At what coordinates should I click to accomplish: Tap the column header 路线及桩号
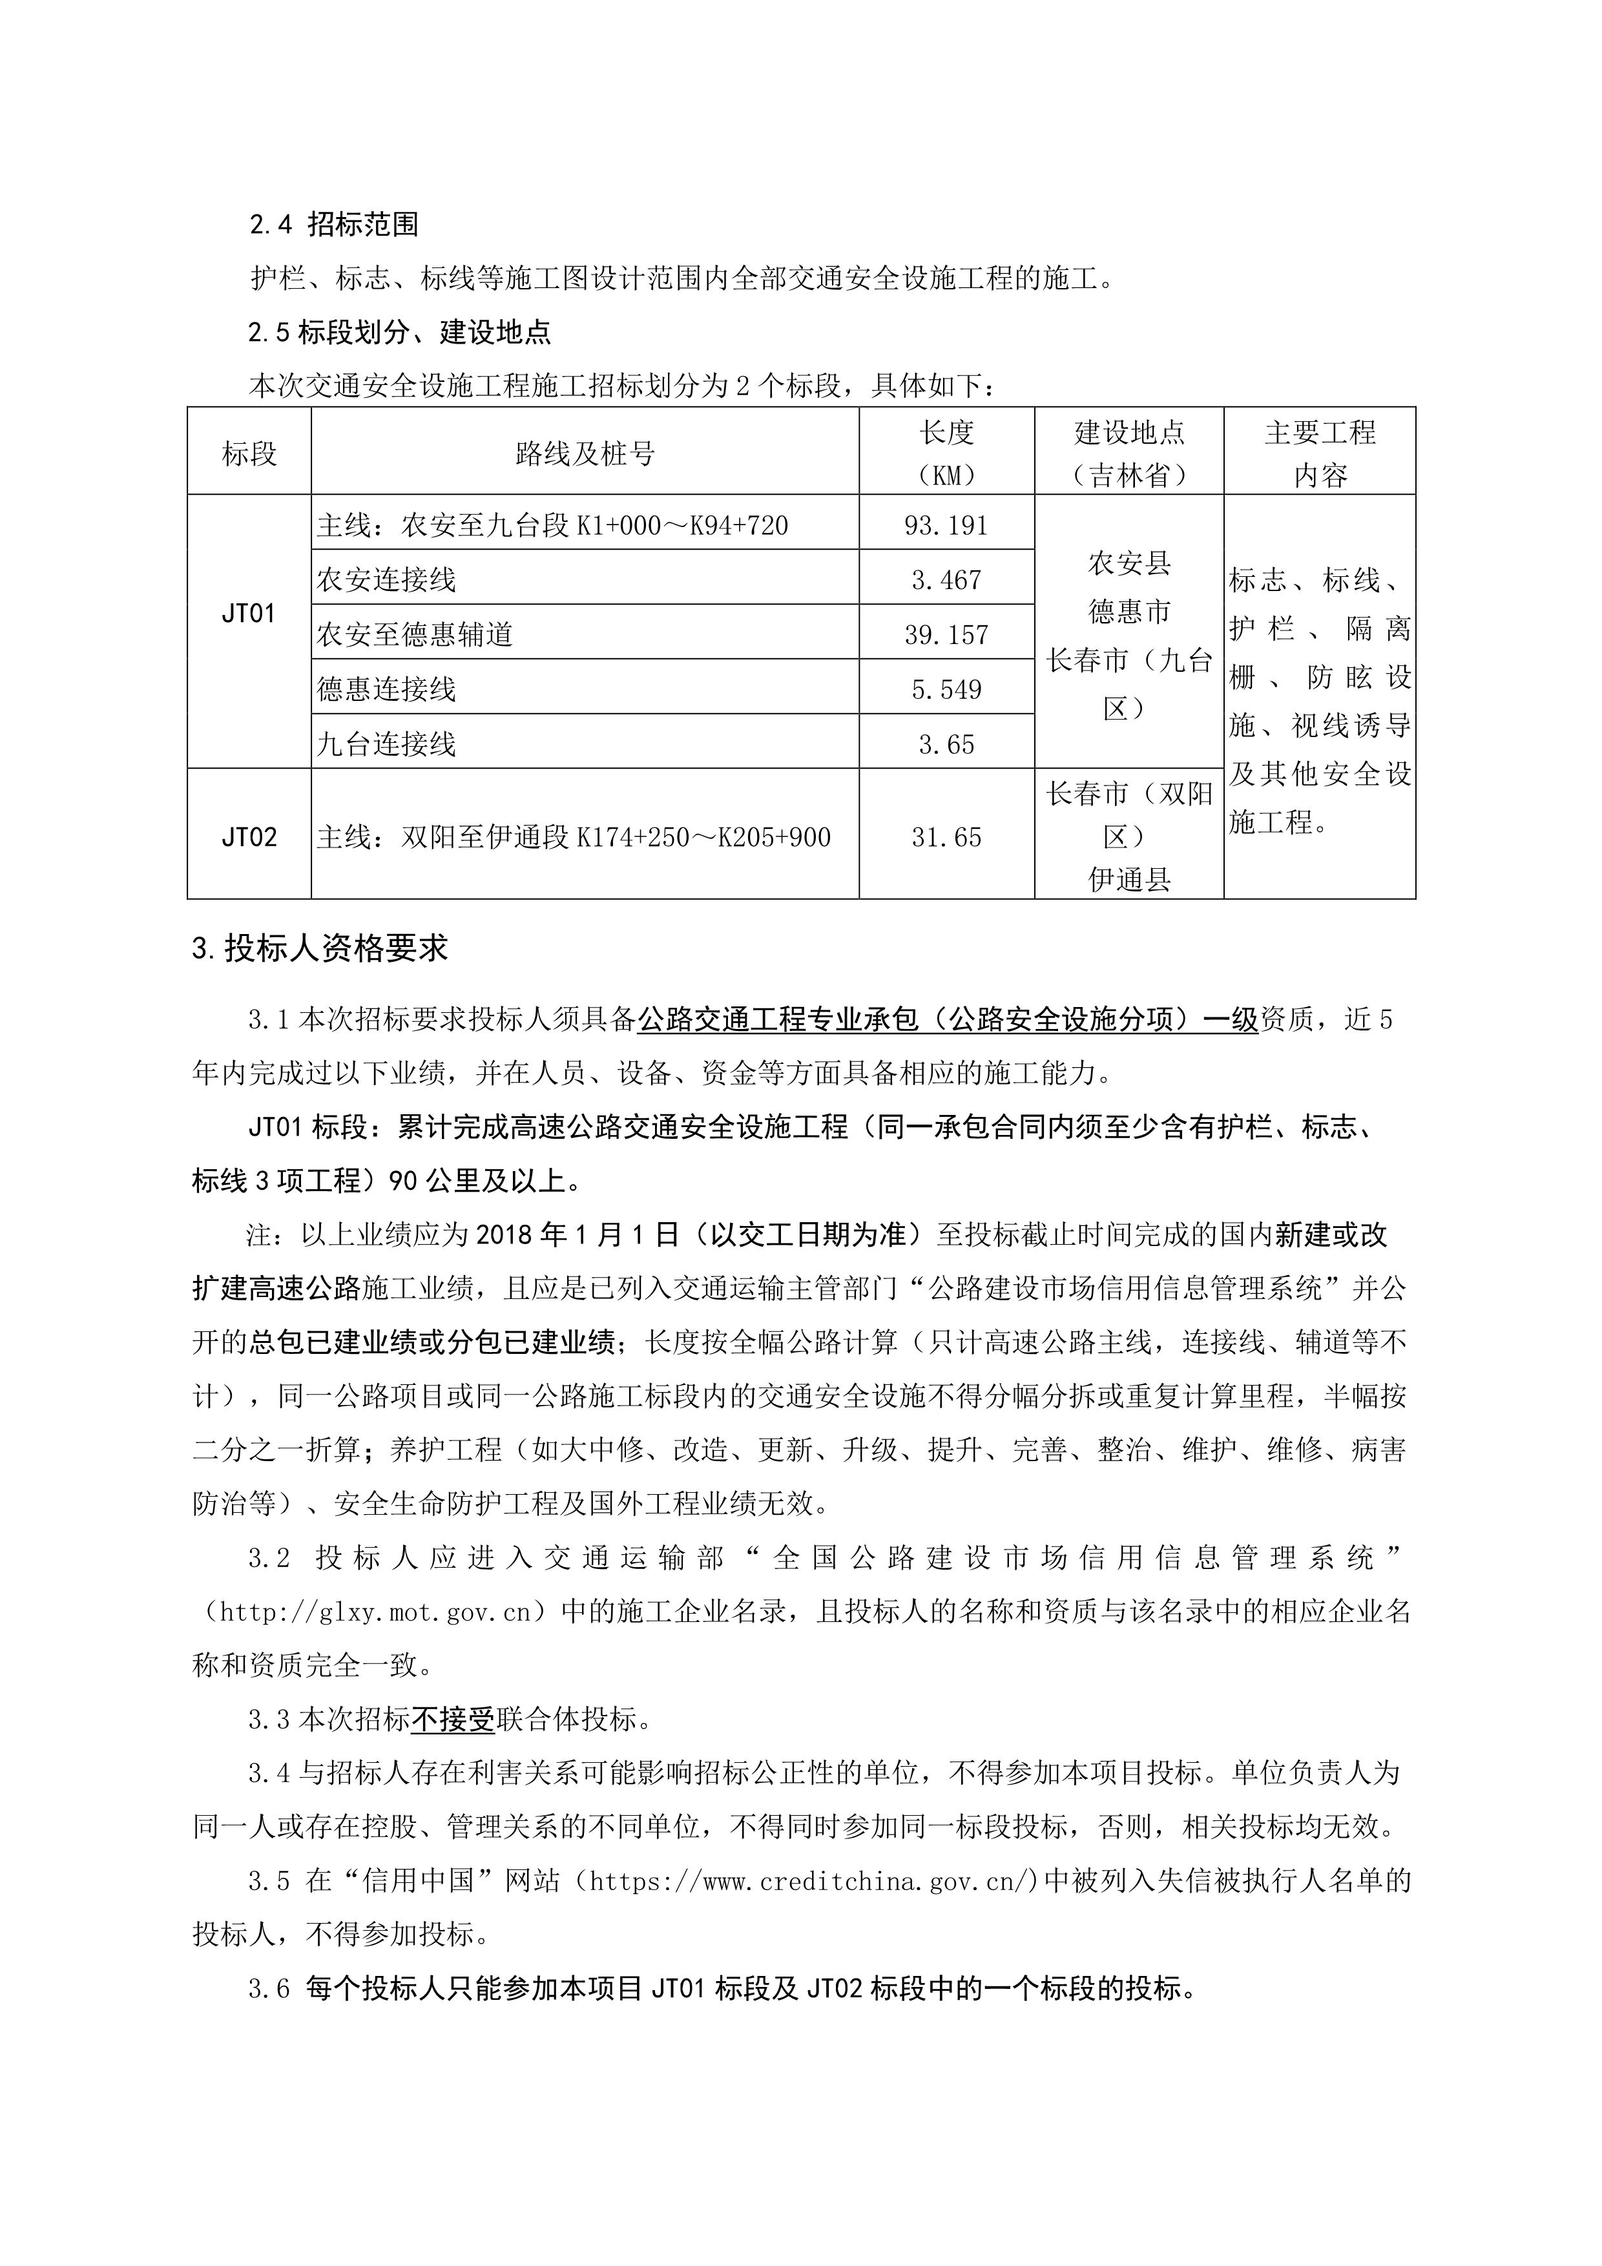point(585,454)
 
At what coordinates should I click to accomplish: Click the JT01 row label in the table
point(249,614)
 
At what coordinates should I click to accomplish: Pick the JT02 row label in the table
point(249,838)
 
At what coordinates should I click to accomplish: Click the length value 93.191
point(946,526)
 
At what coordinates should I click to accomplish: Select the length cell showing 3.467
point(946,580)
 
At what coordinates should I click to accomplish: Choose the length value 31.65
point(946,838)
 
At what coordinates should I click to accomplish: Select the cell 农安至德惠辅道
point(415,634)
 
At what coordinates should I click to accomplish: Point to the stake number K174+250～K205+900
point(703,838)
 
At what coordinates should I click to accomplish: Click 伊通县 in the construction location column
point(1129,879)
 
